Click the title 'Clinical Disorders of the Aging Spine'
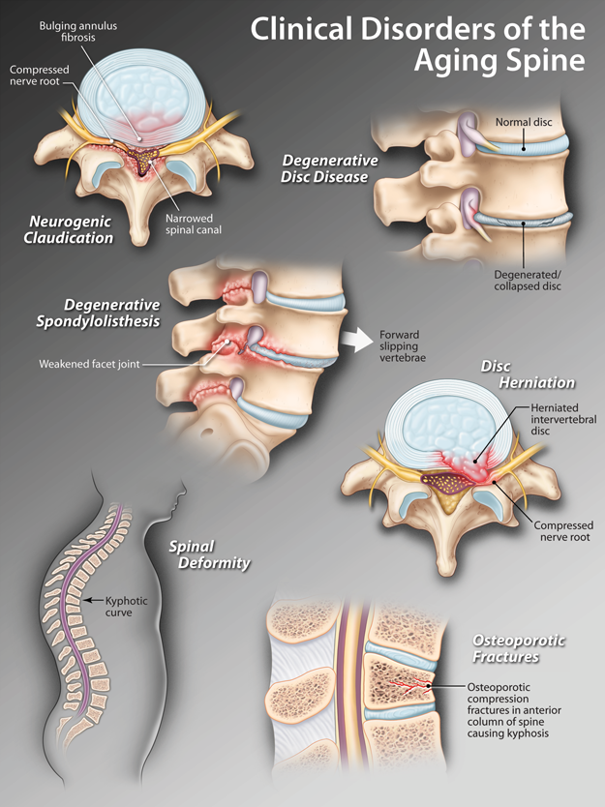(417, 45)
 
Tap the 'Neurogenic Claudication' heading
(71, 229)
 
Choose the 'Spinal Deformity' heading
(209, 554)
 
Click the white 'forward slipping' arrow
(355, 340)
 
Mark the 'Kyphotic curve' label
(127, 607)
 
